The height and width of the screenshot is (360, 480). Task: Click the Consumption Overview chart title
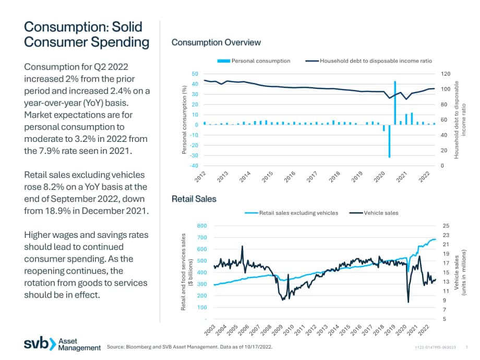pyautogui.click(x=216, y=43)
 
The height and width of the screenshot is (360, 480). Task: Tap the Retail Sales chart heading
pyautogui.click(x=194, y=199)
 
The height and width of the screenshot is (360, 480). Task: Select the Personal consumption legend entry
pyautogui.click(x=254, y=61)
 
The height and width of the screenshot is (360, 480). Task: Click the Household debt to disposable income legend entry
pyautogui.click(x=369, y=61)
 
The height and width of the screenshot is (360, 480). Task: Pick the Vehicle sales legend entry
pyautogui.click(x=374, y=213)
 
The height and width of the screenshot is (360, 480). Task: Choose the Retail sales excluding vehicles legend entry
pyautogui.click(x=292, y=213)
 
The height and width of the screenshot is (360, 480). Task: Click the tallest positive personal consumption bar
pyautogui.click(x=395, y=103)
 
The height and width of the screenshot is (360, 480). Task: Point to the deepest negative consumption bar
pyautogui.click(x=389, y=141)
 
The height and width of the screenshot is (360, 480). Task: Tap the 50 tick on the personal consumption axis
pyautogui.click(x=195, y=74)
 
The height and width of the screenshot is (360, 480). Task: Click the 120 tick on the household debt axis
pyautogui.click(x=446, y=74)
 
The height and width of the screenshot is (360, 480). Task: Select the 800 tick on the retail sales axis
pyautogui.click(x=202, y=225)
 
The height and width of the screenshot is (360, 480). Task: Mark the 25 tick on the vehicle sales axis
pyautogui.click(x=446, y=225)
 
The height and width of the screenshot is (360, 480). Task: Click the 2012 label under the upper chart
pyautogui.click(x=200, y=177)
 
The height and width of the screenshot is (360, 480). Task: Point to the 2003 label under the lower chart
pyautogui.click(x=210, y=330)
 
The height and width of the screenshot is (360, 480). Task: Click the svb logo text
pyautogui.click(x=36, y=343)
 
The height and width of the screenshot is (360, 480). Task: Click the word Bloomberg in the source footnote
pyautogui.click(x=139, y=347)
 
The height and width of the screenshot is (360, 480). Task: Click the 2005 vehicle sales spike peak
pyautogui.click(x=243, y=246)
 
